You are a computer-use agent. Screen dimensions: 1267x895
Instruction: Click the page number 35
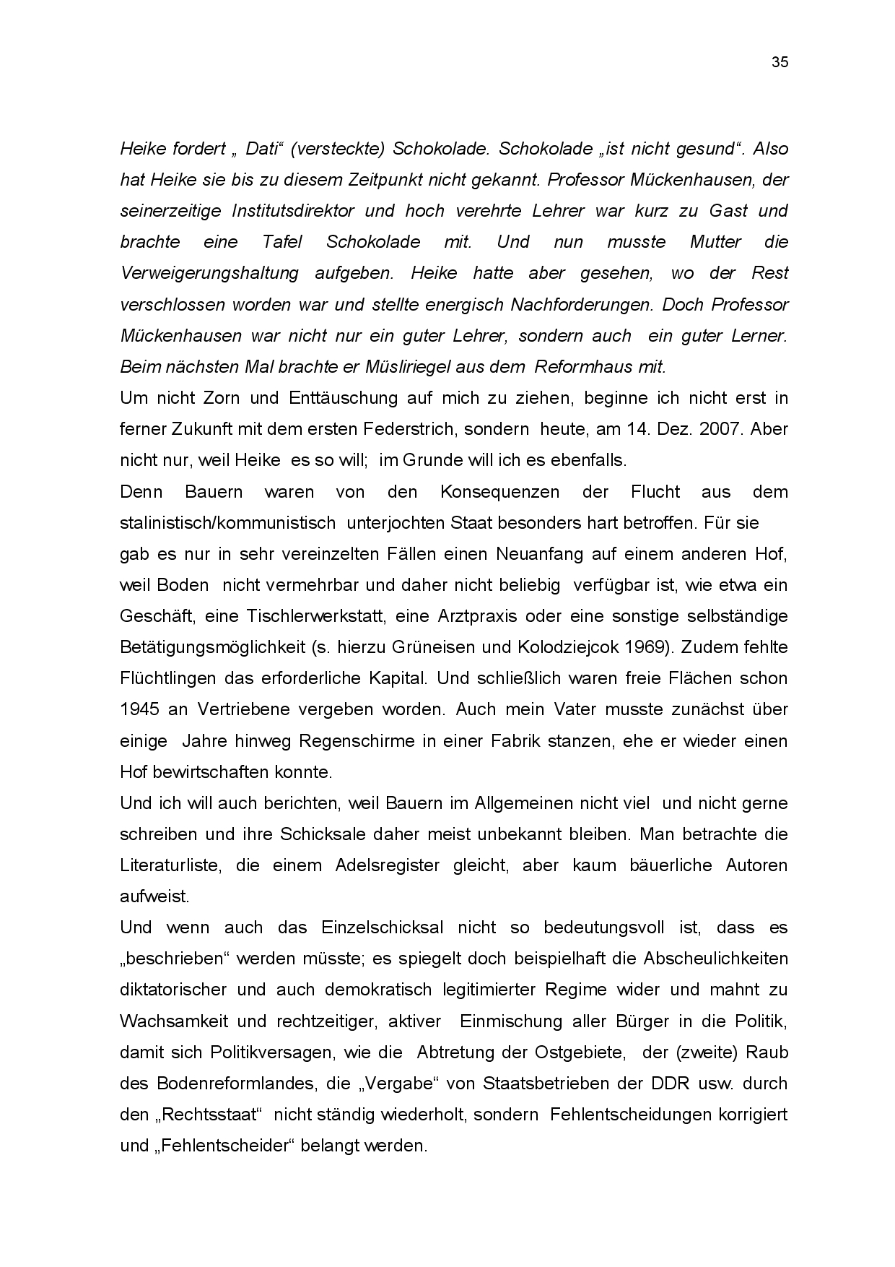point(780,62)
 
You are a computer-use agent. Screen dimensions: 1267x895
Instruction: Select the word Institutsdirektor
point(293,211)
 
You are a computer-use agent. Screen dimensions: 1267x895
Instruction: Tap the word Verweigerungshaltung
point(209,273)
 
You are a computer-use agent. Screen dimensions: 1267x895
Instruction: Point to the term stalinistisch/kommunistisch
point(227,522)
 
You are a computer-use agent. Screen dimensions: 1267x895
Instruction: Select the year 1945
point(139,709)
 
